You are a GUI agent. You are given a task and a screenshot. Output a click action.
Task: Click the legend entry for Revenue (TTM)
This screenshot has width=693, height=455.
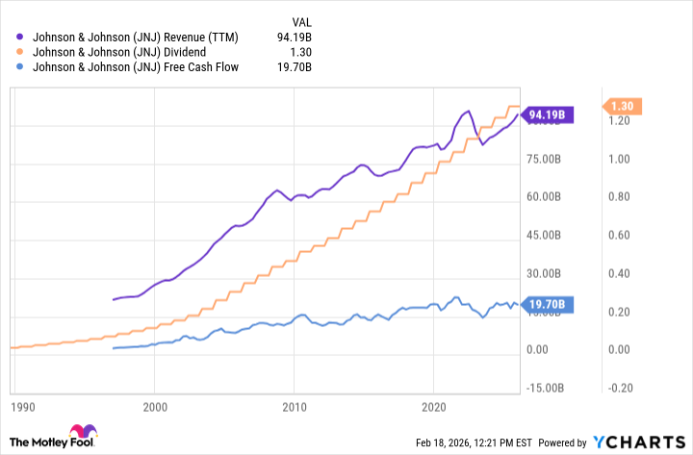point(136,38)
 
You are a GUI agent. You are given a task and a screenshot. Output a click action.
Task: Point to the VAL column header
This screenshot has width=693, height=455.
point(302,22)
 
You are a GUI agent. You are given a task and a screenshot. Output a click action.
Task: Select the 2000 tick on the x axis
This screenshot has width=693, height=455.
point(155,406)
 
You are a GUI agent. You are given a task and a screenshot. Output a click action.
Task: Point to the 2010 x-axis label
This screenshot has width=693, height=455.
point(295,406)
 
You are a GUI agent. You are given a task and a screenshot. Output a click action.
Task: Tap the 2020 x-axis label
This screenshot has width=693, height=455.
point(434,406)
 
